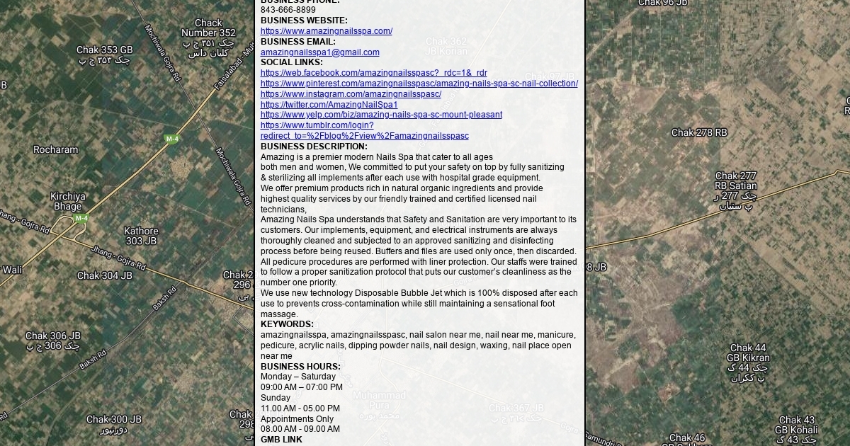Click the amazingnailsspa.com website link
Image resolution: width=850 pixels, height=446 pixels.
click(x=326, y=31)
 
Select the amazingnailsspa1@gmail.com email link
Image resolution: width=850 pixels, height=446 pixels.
click(x=319, y=52)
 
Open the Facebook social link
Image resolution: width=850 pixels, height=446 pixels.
click(x=373, y=73)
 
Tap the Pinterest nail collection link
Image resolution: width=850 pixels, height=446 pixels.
click(x=419, y=84)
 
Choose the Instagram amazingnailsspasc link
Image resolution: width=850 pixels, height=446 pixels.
click(x=351, y=94)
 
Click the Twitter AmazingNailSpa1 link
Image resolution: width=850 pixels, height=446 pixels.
click(x=329, y=105)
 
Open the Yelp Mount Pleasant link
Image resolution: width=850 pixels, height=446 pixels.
click(x=381, y=115)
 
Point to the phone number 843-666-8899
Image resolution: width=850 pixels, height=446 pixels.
click(x=288, y=10)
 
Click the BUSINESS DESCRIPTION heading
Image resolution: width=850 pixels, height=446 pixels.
click(x=314, y=147)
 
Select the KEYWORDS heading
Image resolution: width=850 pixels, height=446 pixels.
click(x=287, y=324)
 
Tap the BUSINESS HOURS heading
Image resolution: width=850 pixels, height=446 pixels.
click(x=300, y=367)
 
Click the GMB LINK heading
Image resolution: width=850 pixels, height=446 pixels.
click(x=281, y=440)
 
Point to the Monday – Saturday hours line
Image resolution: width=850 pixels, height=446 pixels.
click(x=298, y=377)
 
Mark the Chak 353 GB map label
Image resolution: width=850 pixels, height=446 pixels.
click(x=105, y=50)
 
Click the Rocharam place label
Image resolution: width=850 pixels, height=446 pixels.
click(x=56, y=150)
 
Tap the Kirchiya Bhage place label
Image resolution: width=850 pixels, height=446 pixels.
click(x=68, y=202)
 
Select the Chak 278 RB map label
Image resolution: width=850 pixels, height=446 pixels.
click(x=699, y=132)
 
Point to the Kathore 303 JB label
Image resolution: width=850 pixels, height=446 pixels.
click(x=141, y=236)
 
